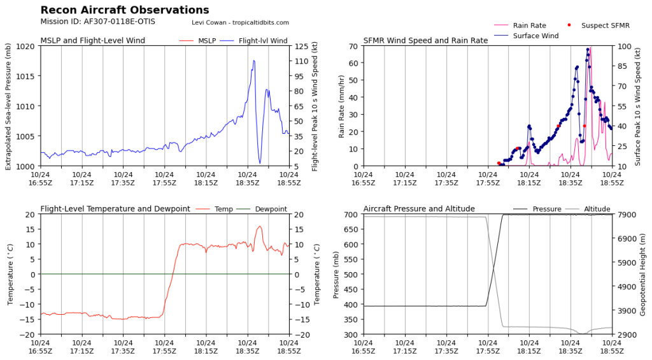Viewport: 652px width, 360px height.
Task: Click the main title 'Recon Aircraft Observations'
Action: tap(124, 10)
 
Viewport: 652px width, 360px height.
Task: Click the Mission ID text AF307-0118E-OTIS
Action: tap(97, 22)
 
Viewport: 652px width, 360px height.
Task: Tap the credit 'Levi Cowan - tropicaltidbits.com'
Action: tap(240, 22)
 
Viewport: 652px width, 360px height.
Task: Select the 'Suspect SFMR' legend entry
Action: tap(602, 25)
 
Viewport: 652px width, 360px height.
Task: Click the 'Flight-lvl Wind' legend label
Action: tap(263, 41)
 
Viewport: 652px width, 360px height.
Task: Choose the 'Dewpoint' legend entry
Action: tap(271, 209)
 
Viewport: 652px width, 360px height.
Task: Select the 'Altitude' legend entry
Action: tap(597, 209)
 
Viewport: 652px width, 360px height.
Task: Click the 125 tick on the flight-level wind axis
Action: tap(300, 47)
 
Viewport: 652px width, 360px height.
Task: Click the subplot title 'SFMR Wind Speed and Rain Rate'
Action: tap(425, 41)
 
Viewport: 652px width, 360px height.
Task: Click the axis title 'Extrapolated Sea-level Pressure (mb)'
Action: tap(8, 106)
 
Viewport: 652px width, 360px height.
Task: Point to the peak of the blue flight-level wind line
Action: tap(254, 61)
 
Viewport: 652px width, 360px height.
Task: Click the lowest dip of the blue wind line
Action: tap(260, 163)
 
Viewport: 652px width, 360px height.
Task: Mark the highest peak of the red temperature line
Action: tap(260, 226)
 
